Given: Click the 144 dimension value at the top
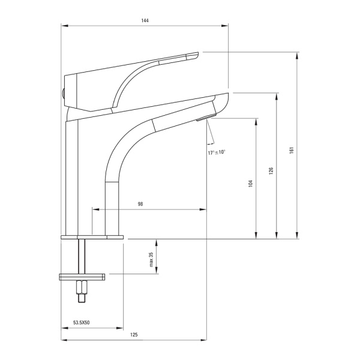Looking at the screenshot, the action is (145, 20).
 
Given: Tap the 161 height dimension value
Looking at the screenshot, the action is (292, 150).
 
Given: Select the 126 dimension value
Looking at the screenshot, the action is (271, 171).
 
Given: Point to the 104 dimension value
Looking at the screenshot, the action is (250, 184).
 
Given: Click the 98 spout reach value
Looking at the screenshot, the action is (140, 204).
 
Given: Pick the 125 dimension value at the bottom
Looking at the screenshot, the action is (134, 335).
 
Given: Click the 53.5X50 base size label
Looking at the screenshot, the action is (82, 323).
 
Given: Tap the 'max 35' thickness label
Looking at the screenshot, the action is (151, 259).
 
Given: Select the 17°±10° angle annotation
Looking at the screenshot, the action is (217, 152).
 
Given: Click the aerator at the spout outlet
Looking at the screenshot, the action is (206, 117).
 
